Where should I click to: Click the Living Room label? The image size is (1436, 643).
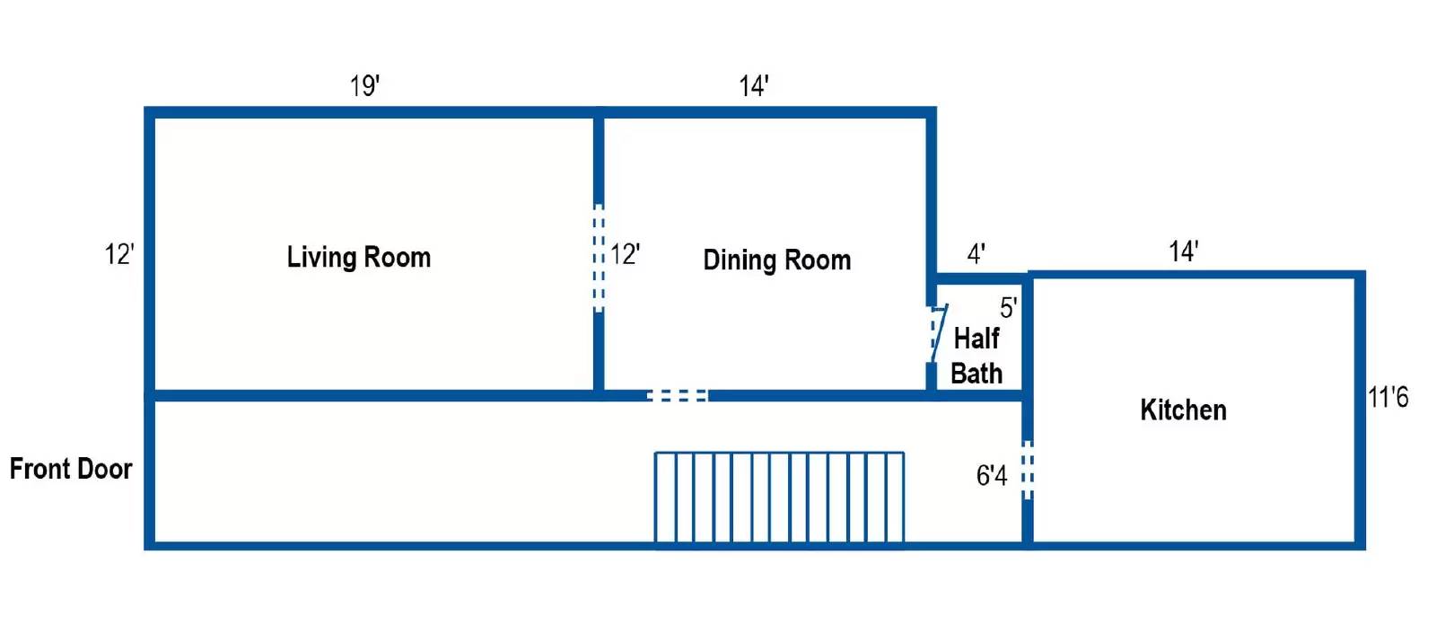359,258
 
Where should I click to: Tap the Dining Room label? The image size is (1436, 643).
777,260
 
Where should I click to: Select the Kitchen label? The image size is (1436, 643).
1184,410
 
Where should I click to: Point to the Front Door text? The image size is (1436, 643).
71,469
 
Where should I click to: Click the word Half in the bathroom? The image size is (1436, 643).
976,339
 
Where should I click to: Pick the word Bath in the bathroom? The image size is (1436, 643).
976,374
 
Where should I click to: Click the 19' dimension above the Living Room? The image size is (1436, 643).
364,85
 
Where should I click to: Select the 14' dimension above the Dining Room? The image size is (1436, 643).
754,85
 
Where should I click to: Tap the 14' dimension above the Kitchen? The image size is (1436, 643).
1184,251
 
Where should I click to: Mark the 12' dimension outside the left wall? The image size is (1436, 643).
119,254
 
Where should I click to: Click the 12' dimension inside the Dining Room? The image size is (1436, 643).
625,254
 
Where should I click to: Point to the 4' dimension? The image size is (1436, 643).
976,254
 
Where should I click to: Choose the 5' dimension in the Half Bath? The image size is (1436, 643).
1009,308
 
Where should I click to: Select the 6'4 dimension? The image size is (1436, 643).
992,475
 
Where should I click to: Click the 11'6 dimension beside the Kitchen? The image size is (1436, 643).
1388,397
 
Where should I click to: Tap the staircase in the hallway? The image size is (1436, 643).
780,499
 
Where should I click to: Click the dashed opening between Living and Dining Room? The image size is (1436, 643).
598,258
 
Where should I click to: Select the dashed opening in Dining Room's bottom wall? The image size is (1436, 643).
678,395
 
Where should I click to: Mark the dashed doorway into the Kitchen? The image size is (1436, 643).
1027,471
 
